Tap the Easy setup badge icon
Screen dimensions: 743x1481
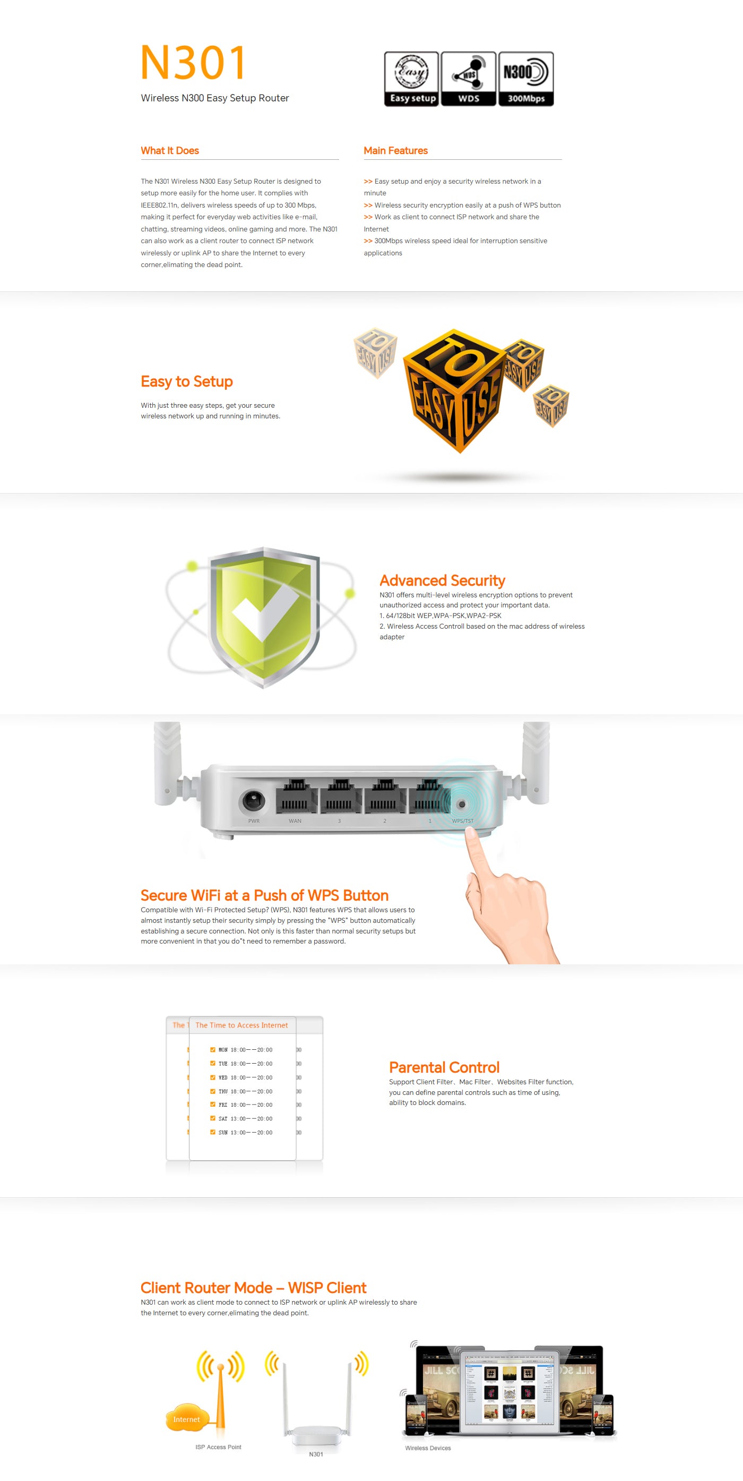(411, 79)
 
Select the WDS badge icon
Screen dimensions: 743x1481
(468, 79)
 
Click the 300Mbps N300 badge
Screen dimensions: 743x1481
(526, 79)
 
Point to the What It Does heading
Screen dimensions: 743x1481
(169, 151)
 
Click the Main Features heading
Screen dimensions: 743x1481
(395, 151)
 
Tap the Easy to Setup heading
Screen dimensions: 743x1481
(187, 382)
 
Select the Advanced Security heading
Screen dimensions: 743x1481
(443, 581)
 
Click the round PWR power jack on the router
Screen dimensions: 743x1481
(253, 800)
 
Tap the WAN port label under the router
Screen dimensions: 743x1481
(295, 821)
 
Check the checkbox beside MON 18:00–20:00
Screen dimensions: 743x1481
(213, 1050)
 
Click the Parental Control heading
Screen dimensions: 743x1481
(444, 1068)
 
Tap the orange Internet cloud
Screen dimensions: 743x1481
(187, 1419)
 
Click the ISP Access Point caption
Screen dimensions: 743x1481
(218, 1447)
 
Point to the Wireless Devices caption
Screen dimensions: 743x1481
(428, 1448)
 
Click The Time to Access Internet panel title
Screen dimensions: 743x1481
(241, 1025)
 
